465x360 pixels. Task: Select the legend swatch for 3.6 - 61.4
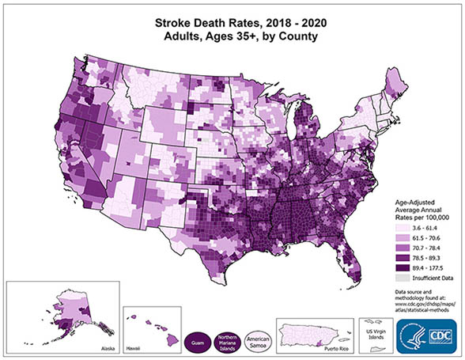click(402, 227)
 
